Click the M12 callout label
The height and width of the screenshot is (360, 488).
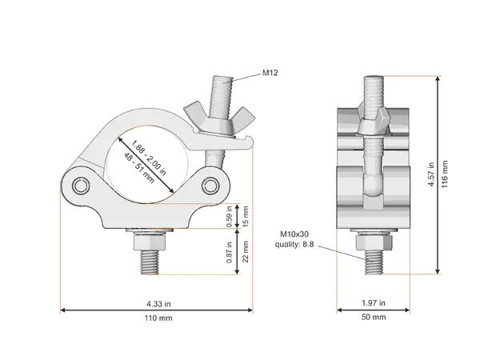[271, 73]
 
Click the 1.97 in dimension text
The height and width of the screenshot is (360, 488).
[373, 303]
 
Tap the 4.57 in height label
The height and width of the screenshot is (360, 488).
[432, 173]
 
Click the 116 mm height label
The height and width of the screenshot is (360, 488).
[445, 173]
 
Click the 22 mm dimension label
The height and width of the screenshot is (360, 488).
[246, 254]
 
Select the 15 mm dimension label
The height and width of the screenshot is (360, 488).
[246, 217]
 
